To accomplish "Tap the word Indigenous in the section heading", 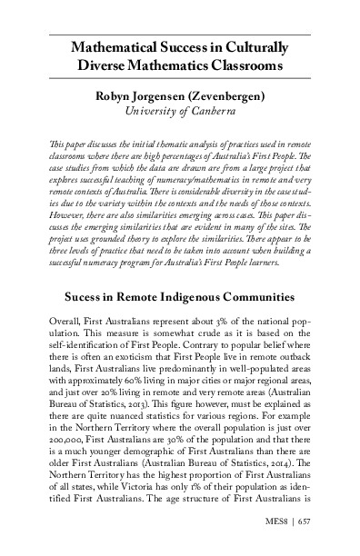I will click(x=204, y=271).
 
